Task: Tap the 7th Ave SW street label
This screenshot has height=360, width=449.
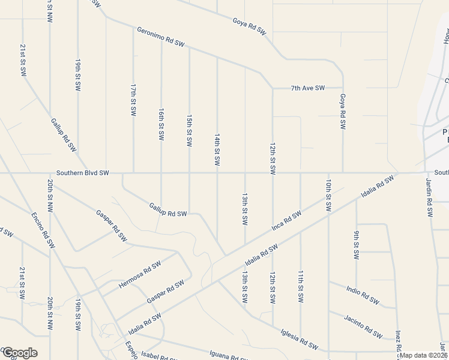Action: (x=308, y=88)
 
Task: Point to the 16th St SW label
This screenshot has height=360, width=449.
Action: (x=161, y=125)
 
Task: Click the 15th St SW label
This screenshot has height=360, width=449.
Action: (x=189, y=131)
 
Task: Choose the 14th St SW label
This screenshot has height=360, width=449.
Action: (x=217, y=151)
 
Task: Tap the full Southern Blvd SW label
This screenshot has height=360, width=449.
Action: (x=83, y=173)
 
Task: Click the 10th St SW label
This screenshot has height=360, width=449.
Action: (x=328, y=194)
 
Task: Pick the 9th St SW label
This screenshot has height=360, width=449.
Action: (x=357, y=245)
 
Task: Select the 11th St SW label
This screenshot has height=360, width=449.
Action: (x=300, y=286)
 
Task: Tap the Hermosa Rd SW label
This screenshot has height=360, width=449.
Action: (x=140, y=275)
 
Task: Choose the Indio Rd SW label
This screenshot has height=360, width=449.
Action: (x=363, y=295)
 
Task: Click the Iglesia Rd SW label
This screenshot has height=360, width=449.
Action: (x=299, y=338)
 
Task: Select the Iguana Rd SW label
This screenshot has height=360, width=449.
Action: (x=228, y=355)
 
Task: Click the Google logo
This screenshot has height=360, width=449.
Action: (x=20, y=353)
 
